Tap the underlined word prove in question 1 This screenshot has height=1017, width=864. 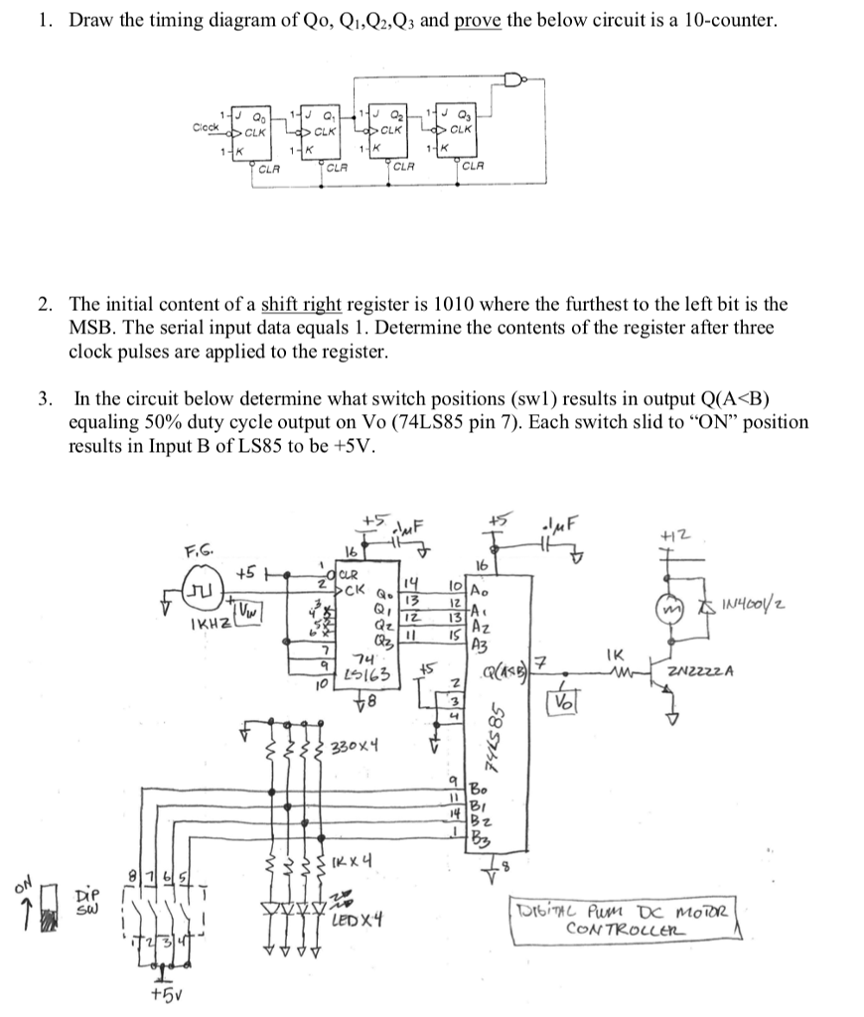coord(478,21)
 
